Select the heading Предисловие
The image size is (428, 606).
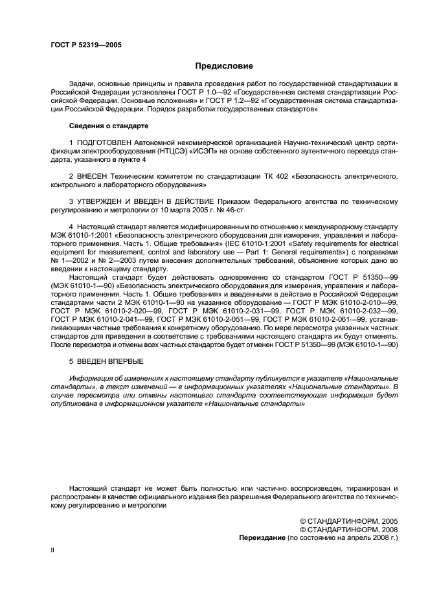pyautogui.click(x=224, y=66)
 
